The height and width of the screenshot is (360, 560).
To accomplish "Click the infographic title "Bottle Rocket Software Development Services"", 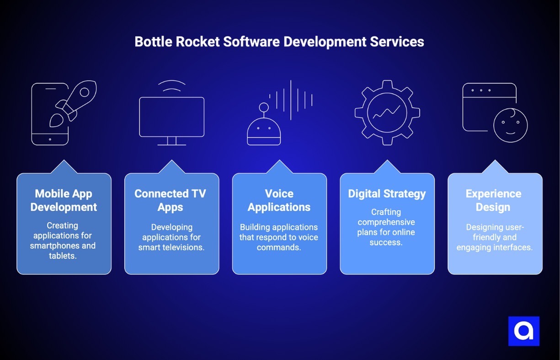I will pyautogui.click(x=279, y=42).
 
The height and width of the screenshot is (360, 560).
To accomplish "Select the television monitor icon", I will pyautogui.click(x=171, y=118).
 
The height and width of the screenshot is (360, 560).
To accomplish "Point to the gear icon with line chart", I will pyautogui.click(x=387, y=113).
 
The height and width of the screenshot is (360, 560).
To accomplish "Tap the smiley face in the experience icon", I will pyautogui.click(x=510, y=125).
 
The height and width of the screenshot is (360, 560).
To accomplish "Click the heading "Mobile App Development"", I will pyautogui.click(x=64, y=200).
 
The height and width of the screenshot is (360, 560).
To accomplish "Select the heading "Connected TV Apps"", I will pyautogui.click(x=170, y=200).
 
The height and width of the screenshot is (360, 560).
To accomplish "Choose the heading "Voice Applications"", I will pyautogui.click(x=279, y=200).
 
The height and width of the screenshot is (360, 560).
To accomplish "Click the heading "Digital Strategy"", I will pyautogui.click(x=387, y=194).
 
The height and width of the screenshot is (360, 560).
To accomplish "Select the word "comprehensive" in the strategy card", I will pyautogui.click(x=386, y=222).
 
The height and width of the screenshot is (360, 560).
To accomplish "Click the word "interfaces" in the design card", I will pyautogui.click(x=513, y=247).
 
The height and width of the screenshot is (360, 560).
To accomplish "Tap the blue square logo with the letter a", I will pyautogui.click(x=523, y=331).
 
